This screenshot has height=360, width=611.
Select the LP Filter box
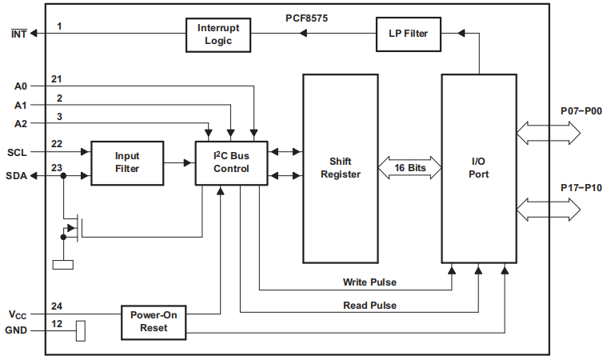[x=408, y=34]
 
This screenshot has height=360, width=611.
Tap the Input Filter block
[x=127, y=162]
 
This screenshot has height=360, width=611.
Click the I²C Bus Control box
[x=231, y=162]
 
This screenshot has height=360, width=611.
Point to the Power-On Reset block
[x=153, y=322]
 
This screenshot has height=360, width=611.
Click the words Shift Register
[x=345, y=167]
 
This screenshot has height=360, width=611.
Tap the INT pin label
[x=18, y=34]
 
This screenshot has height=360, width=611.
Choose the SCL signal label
[x=18, y=151]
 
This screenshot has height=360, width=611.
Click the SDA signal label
[x=18, y=176]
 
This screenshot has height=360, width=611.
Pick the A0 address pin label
[x=21, y=86]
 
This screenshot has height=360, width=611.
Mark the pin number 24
[x=56, y=306]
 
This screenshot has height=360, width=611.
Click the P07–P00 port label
[x=581, y=111]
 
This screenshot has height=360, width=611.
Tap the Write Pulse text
[x=369, y=282]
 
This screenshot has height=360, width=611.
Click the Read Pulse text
[x=369, y=305]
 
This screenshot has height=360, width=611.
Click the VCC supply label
[x=18, y=314]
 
